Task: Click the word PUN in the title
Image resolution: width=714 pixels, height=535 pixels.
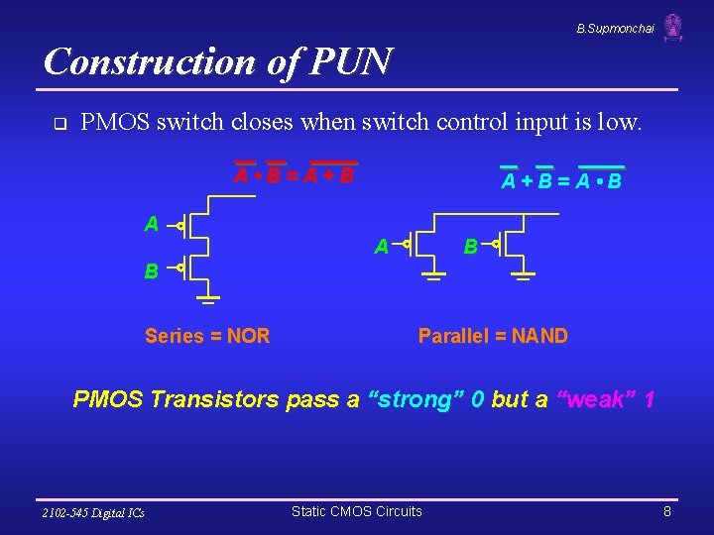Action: [x=354, y=61]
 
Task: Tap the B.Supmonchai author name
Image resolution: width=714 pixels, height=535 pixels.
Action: [x=615, y=29]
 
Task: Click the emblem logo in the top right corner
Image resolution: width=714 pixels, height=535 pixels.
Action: [x=673, y=27]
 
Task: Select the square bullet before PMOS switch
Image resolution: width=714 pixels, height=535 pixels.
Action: [x=59, y=125]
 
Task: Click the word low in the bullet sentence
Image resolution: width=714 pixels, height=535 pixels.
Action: [x=618, y=123]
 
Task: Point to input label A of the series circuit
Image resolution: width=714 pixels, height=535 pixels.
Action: [x=151, y=225]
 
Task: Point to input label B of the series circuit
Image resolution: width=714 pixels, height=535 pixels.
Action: [x=151, y=270]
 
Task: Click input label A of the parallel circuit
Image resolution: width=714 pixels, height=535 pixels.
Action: [x=381, y=247]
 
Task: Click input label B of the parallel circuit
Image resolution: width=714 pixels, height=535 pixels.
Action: [x=471, y=246]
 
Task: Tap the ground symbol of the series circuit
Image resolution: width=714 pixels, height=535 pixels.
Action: [x=206, y=296]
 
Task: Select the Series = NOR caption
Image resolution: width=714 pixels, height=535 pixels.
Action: [x=207, y=336]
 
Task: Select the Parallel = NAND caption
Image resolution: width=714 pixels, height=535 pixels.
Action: [x=493, y=336]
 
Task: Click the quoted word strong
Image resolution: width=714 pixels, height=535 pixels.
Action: [x=416, y=400]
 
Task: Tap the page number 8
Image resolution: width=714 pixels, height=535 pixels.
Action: [x=667, y=511]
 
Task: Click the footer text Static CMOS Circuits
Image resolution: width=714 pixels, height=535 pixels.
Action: [x=356, y=511]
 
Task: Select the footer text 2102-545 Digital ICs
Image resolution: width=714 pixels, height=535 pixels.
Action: [x=92, y=512]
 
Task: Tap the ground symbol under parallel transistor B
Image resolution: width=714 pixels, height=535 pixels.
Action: [x=524, y=275]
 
